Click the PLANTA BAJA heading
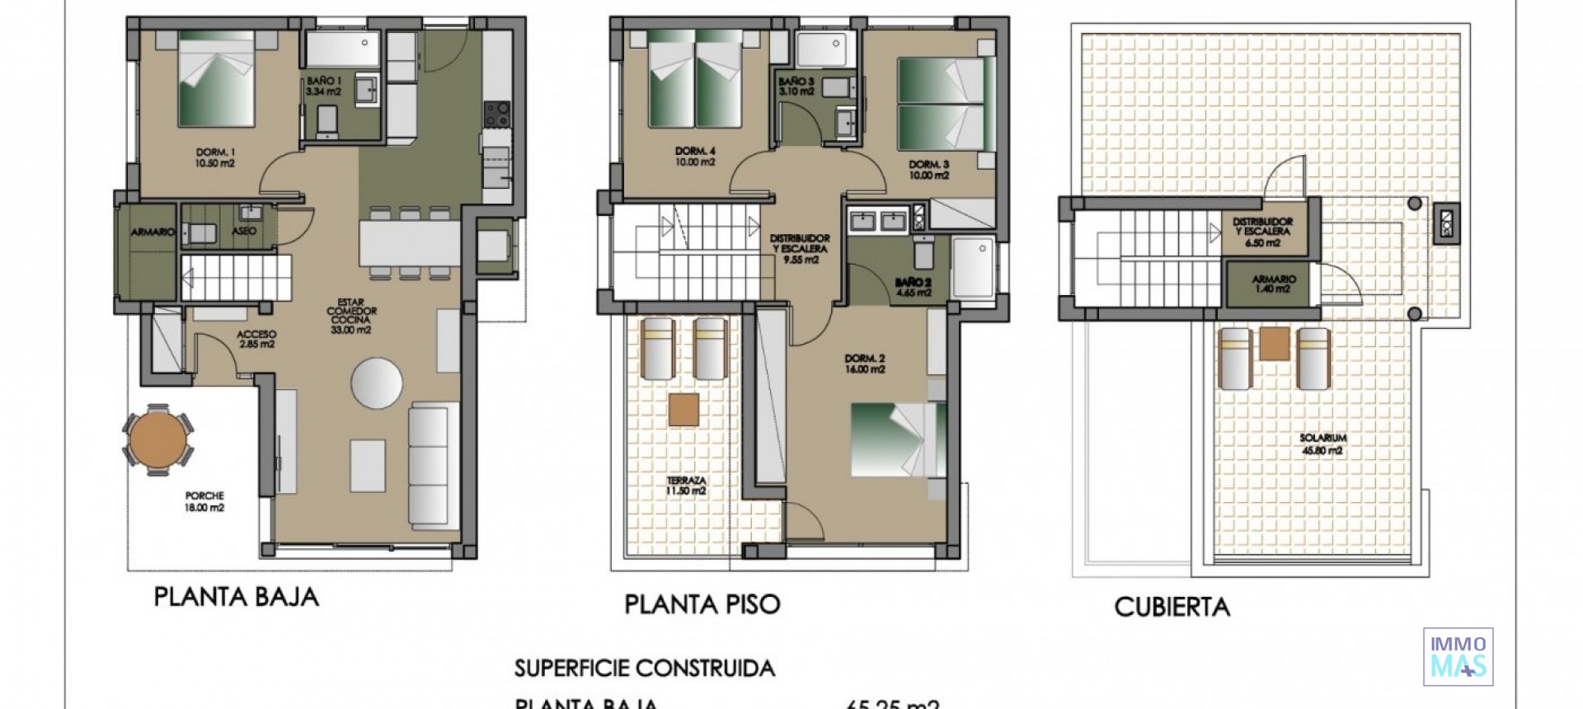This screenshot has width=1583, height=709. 236,597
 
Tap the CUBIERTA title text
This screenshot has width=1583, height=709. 1172,608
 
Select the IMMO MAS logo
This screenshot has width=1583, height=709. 1458,657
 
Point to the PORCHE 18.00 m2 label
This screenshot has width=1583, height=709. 204,502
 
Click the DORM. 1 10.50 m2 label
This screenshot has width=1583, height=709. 215,157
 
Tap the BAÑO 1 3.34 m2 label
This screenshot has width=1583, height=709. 323,87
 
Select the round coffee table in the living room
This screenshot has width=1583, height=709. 377,383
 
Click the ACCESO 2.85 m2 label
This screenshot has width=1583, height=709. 256,339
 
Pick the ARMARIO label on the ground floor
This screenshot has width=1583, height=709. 153,232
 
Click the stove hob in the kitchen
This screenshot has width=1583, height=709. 496,114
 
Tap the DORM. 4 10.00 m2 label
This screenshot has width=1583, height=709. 695,157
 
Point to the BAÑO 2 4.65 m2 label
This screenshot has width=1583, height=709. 913,287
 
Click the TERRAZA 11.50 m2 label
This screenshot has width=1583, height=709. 686,486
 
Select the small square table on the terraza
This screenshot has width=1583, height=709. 683,410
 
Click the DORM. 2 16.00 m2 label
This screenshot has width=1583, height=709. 865,364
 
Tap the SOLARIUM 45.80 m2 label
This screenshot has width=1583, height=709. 1321,444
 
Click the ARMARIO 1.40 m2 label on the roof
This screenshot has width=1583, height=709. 1273,284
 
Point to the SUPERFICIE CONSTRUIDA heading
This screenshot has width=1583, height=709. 645,668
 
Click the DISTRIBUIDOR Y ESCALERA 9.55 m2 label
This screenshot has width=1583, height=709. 800,248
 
